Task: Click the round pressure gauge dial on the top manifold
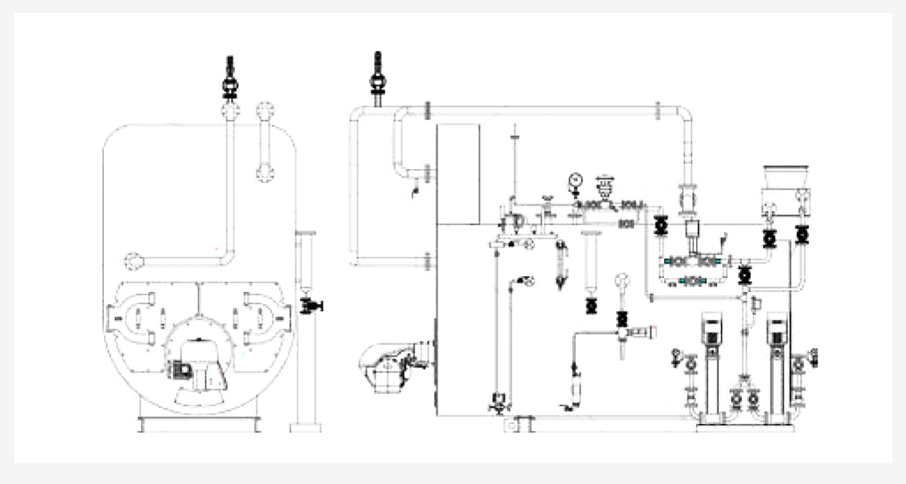575,180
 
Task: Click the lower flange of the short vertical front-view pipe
265,174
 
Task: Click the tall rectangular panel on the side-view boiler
458,174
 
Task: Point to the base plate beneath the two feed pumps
745,428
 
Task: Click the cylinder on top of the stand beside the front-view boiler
305,259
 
